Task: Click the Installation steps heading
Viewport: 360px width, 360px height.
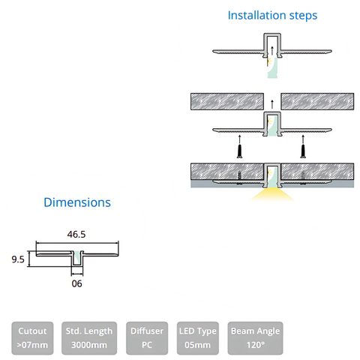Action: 272,16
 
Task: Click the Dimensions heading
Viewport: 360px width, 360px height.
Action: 77,202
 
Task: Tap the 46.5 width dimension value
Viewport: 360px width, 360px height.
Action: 76,234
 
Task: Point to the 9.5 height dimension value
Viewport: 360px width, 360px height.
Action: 18,259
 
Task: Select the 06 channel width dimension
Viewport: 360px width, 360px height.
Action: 76,283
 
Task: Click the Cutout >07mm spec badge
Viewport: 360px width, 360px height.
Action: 32,338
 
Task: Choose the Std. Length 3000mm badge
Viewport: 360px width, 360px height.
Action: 89,338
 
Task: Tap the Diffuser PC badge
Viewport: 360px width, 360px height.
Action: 147,338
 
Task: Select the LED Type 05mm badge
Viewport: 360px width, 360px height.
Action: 198,338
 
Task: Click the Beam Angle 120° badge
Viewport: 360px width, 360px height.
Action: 255,338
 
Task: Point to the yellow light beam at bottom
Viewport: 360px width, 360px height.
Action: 272,195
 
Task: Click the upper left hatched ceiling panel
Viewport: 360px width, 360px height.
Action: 227,101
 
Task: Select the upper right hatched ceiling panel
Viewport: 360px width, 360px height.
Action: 317,101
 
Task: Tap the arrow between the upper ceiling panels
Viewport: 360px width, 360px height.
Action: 272,104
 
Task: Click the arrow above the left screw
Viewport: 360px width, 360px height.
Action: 240,139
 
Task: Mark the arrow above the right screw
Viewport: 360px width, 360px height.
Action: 303,139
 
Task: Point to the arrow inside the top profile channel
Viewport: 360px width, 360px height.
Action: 272,50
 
